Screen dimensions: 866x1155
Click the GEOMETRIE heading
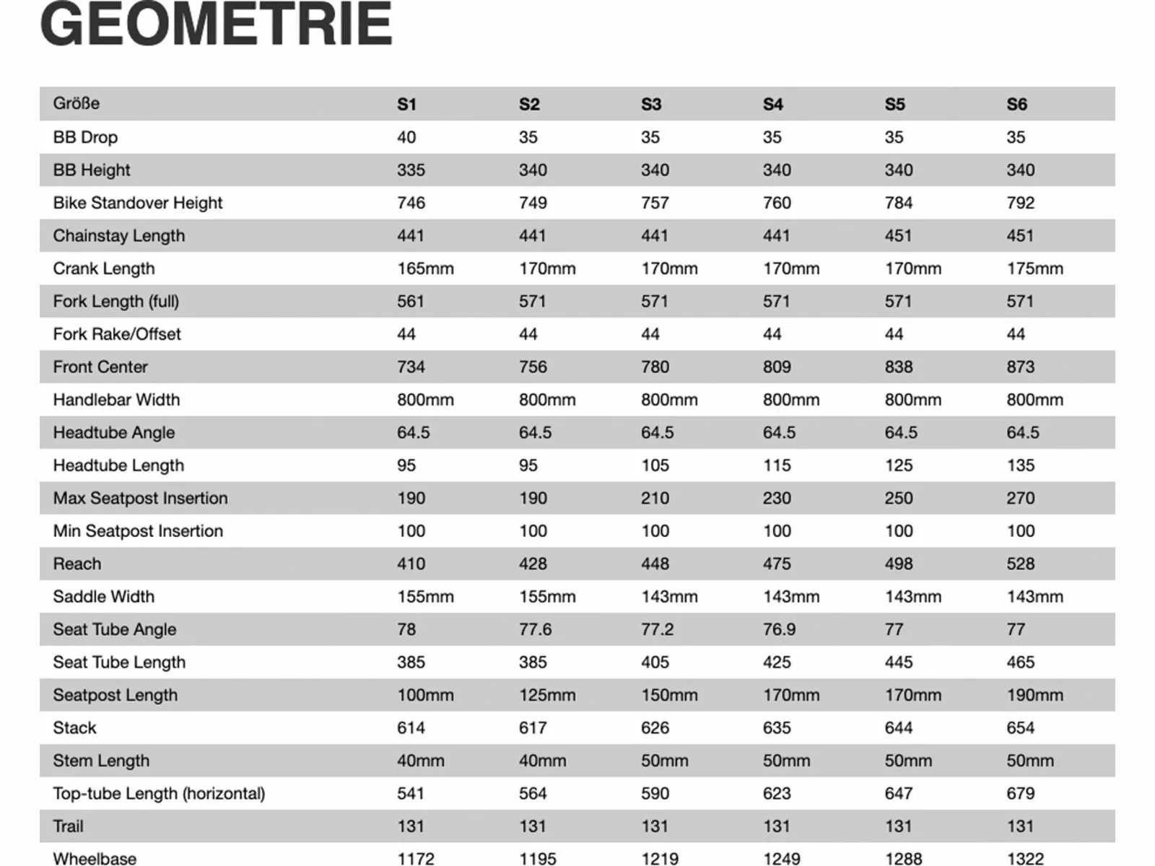coord(217,25)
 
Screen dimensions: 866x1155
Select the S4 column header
coord(773,104)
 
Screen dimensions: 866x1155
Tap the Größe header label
coord(76,103)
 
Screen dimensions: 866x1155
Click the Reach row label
coord(77,564)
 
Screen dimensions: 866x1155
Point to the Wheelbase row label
coord(95,858)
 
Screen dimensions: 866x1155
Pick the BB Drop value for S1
coord(406,137)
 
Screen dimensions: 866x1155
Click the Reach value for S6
coord(1020,564)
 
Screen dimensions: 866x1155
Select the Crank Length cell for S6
coord(1034,268)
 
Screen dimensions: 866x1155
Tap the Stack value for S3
coord(655,727)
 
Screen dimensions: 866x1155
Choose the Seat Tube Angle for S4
coord(779,629)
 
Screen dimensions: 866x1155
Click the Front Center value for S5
coord(898,367)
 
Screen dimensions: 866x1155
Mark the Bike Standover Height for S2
coord(533,203)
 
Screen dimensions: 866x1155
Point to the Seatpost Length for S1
coord(425,695)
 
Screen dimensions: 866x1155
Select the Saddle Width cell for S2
coord(547,597)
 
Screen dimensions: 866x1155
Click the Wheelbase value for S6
coord(1025,858)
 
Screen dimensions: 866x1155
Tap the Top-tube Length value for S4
coord(777,793)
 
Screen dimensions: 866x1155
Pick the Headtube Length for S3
coord(655,465)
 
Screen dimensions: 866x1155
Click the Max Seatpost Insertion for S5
coord(898,498)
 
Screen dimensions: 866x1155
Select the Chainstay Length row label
coord(118,236)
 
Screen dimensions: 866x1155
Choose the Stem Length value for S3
coord(664,761)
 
